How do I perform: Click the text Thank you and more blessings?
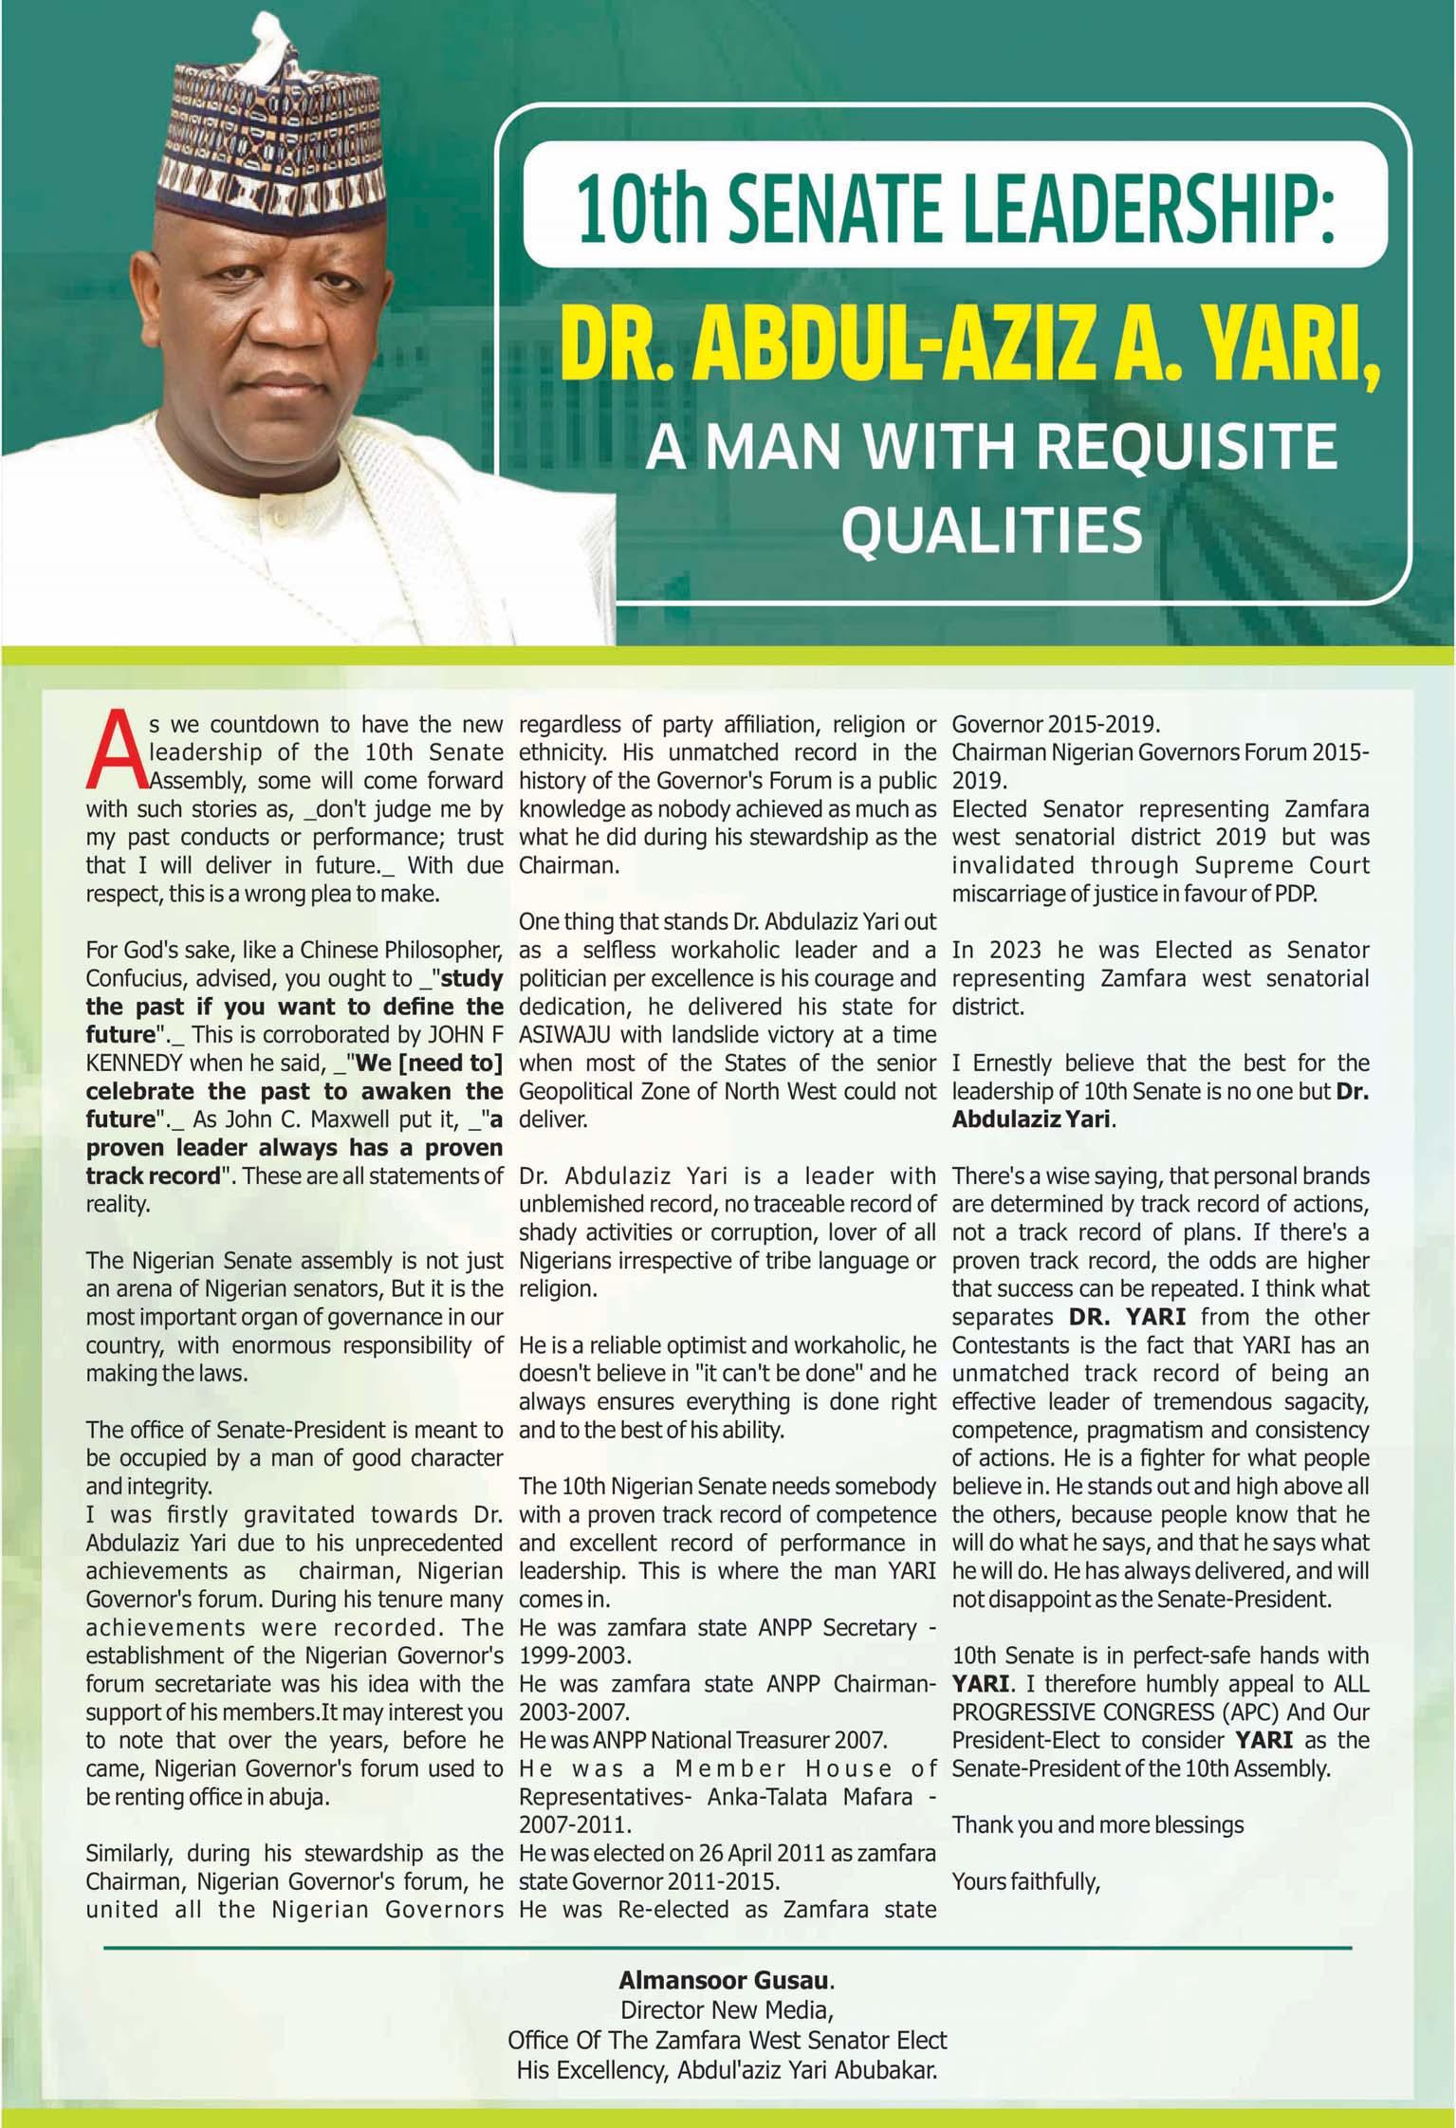[1097, 1824]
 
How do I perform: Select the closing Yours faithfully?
[1025, 1880]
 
